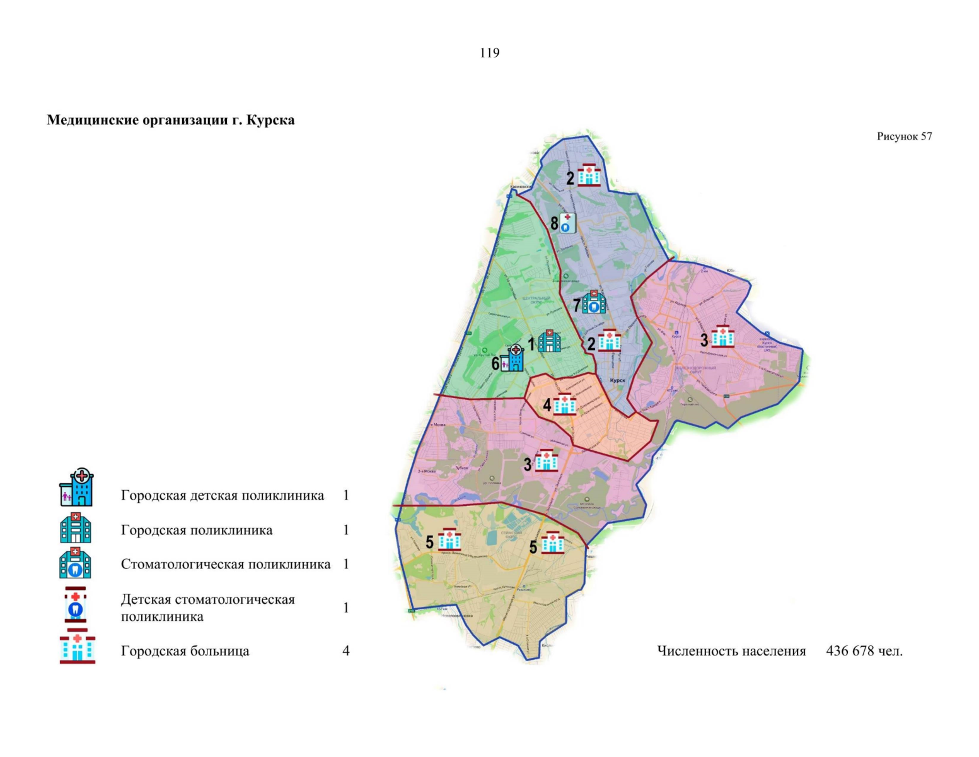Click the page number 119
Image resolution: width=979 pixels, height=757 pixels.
(x=489, y=53)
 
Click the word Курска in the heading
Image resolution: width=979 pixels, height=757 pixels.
(x=270, y=120)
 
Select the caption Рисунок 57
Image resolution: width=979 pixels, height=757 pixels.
(x=904, y=136)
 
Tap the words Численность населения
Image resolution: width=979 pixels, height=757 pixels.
(x=731, y=650)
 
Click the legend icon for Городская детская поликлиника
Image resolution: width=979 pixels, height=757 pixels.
(x=76, y=487)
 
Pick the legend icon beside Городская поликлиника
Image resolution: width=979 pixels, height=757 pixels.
(x=76, y=529)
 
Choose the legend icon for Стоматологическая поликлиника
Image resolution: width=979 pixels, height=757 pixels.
(x=75, y=563)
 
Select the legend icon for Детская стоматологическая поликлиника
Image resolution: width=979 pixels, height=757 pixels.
(x=75, y=605)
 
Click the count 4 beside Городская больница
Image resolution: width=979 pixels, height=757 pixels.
(x=345, y=650)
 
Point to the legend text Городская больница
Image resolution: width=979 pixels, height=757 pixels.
(x=185, y=650)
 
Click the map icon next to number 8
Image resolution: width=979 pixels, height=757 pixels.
(x=567, y=223)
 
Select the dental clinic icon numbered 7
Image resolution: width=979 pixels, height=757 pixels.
(x=593, y=303)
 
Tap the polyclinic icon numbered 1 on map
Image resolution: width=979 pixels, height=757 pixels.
(x=549, y=341)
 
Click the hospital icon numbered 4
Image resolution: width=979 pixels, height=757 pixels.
(x=564, y=404)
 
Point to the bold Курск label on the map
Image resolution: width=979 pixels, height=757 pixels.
(x=617, y=380)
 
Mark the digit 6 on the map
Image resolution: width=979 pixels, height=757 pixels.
(x=495, y=363)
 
